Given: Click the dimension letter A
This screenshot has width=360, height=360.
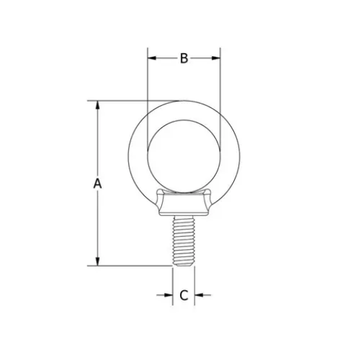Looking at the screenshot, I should pos(98,183).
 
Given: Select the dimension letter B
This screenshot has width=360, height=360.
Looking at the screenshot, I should pos(183,58).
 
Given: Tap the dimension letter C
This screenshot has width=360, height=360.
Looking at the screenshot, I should pos(183,296).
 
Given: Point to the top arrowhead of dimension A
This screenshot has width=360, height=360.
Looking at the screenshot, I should pos(98,106).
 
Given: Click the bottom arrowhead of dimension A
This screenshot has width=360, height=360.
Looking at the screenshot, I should pos(98,261).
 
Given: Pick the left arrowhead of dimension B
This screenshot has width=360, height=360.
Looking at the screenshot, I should pos(152,58).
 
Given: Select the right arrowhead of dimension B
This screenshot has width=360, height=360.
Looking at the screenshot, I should pos(216,58).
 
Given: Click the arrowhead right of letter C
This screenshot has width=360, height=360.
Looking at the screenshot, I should pos(199,296).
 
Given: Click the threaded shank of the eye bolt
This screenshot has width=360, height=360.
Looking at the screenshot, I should pos(183,239).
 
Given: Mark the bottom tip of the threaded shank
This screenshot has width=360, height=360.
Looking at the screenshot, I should pos(183,264).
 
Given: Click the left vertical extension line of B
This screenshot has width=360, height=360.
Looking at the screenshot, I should pos(147,83).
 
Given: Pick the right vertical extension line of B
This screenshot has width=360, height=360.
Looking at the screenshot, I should pos(220,83).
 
